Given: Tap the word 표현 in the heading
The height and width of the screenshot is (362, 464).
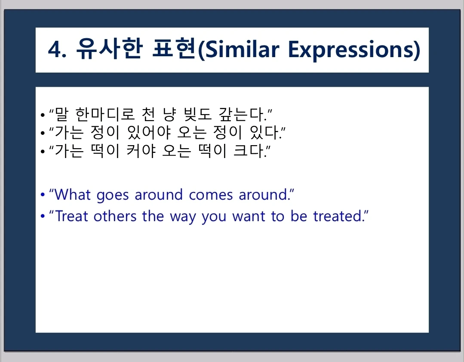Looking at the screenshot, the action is coord(174,49).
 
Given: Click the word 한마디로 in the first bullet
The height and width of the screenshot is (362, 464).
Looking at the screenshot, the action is coord(105,114).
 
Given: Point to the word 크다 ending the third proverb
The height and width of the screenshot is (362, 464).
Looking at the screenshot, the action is coord(249,151).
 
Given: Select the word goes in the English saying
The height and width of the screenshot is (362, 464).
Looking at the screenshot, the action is coord(113,196).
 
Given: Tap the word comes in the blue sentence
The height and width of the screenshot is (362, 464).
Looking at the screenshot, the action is coord(211,195).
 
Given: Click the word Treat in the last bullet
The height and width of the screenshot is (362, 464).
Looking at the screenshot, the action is coord(72,216).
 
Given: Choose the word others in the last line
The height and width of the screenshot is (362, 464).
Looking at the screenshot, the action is coord(115,216).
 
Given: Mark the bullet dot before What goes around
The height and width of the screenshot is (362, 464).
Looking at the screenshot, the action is coord(43,195).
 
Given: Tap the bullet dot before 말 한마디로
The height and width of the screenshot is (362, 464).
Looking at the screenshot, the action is coord(43,115).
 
